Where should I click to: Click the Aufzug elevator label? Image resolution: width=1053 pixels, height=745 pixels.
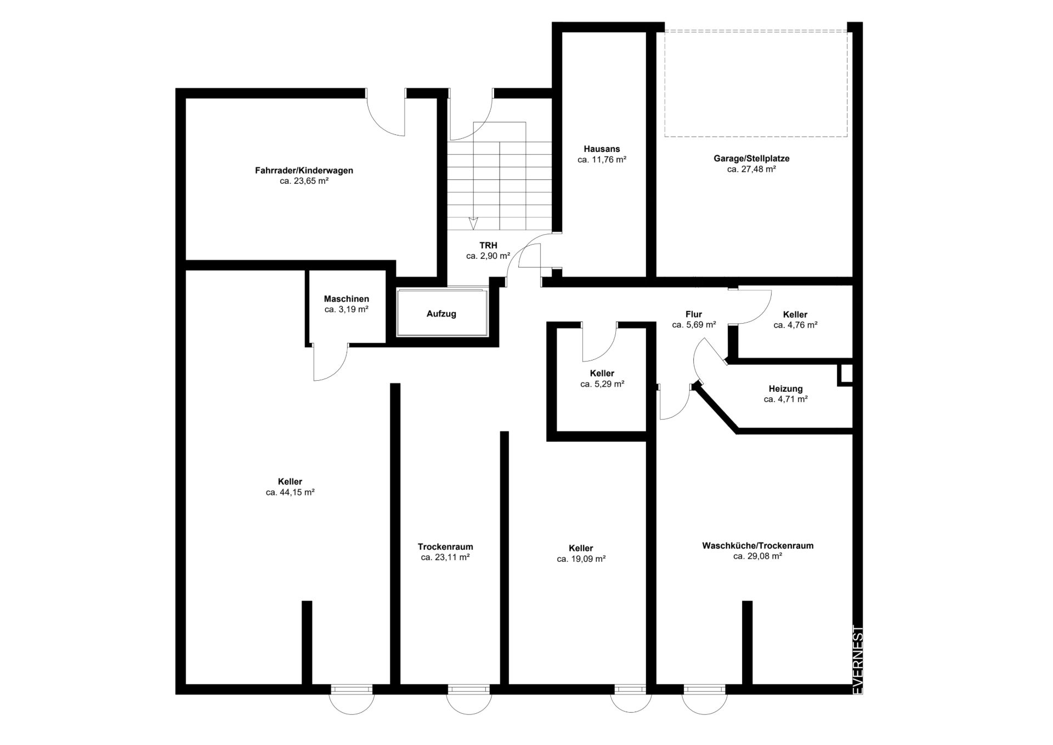coord(441,314)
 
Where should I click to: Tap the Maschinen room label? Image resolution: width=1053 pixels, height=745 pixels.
coord(346,299)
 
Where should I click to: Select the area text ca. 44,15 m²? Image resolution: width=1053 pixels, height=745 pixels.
coord(290,493)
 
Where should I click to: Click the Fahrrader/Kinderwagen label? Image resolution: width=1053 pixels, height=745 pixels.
coord(304,171)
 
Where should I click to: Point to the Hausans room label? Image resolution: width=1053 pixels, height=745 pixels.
coord(602,149)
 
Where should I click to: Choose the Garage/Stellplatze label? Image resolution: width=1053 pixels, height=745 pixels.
coord(751,159)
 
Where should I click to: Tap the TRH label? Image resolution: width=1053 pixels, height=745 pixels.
coord(488,245)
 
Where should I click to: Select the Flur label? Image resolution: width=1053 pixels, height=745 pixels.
coord(694,314)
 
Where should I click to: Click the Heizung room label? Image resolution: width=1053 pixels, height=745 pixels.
coord(785,389)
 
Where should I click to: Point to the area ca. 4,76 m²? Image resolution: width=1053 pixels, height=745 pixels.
coord(795,325)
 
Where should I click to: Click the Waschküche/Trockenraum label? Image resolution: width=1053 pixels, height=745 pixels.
coord(757,546)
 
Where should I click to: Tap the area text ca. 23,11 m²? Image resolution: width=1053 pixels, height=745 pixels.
coord(445,557)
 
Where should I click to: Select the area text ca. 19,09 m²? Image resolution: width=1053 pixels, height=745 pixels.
coord(581,559)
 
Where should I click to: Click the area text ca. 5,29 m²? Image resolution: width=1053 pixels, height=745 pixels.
coord(602,384)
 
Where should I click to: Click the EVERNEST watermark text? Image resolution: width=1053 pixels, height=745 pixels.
coord(858,660)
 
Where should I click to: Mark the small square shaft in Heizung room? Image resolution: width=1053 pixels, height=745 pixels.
coord(846,374)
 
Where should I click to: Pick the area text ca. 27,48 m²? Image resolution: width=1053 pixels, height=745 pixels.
coord(751,169)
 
